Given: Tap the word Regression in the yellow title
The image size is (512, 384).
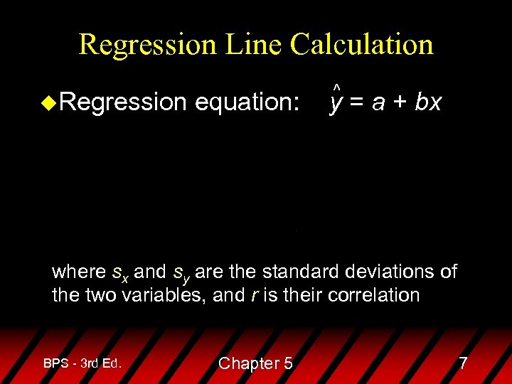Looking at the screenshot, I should (146, 44).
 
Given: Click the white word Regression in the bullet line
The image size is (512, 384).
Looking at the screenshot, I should (123, 102).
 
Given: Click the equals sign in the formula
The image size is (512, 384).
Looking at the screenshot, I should (356, 103).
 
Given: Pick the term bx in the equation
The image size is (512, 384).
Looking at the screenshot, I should (428, 102).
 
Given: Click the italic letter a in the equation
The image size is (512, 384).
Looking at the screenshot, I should (378, 104).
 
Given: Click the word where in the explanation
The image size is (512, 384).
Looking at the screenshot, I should (80, 272).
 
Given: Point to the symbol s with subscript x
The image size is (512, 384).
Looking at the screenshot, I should (120, 273).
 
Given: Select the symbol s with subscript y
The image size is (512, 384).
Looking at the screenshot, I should (181, 273).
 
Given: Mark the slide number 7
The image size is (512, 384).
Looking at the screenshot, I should (463, 363).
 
